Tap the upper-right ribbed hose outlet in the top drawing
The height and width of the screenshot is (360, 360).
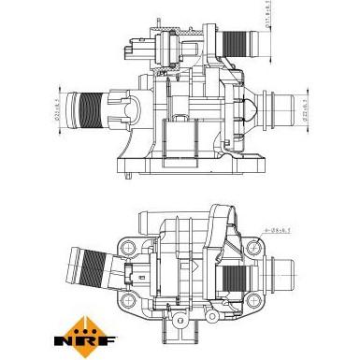[x=239, y=41]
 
